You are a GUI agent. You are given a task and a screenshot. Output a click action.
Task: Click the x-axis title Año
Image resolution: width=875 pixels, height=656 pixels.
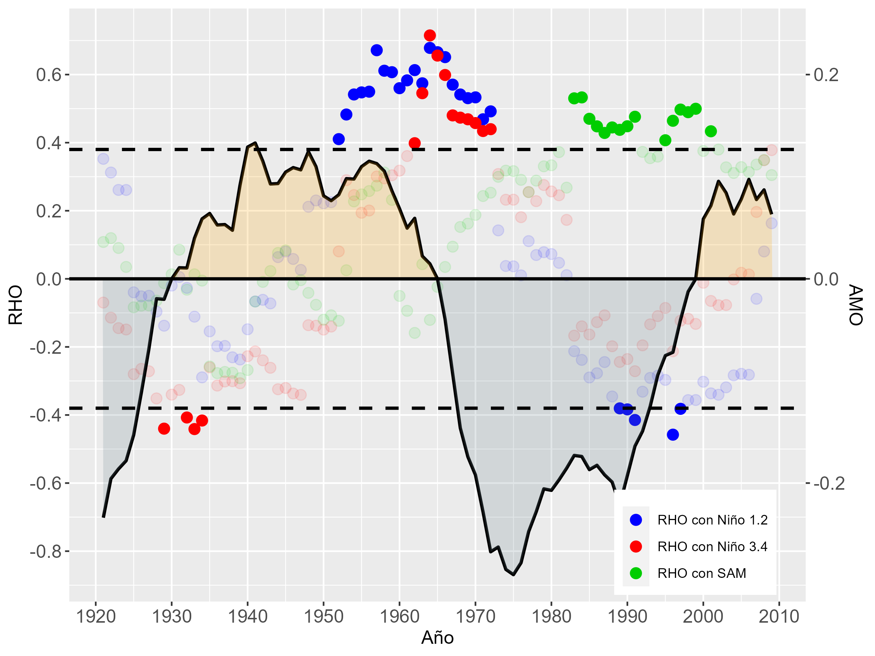tap(437, 637)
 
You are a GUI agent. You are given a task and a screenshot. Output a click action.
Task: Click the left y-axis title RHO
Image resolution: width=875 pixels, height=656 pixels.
tap(16, 305)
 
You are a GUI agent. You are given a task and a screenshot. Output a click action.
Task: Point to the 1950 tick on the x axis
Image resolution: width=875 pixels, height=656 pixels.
tap(323, 616)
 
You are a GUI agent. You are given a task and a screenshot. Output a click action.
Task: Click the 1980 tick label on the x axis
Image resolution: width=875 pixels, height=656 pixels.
tap(551, 616)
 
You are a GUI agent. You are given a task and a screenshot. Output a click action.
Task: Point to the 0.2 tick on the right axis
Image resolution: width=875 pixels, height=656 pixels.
tap(826, 75)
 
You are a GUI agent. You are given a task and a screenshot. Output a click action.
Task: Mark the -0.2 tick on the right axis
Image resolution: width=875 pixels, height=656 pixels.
tap(829, 483)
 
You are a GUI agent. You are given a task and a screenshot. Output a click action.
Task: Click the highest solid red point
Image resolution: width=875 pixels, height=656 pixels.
tap(430, 36)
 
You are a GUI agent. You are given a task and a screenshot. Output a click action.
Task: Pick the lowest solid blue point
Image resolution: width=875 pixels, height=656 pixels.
tap(672, 434)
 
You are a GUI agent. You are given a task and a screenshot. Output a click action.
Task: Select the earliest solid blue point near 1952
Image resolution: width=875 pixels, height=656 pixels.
tap(339, 139)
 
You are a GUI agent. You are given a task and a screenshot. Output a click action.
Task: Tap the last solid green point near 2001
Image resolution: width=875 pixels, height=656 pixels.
tap(711, 131)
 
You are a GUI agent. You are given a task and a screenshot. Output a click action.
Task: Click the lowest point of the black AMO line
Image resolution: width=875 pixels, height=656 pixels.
tap(513, 575)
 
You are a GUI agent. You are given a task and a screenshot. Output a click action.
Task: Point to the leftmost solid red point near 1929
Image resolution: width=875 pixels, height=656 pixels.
tap(164, 429)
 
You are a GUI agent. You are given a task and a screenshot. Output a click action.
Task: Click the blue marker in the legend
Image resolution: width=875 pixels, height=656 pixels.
tap(636, 520)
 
